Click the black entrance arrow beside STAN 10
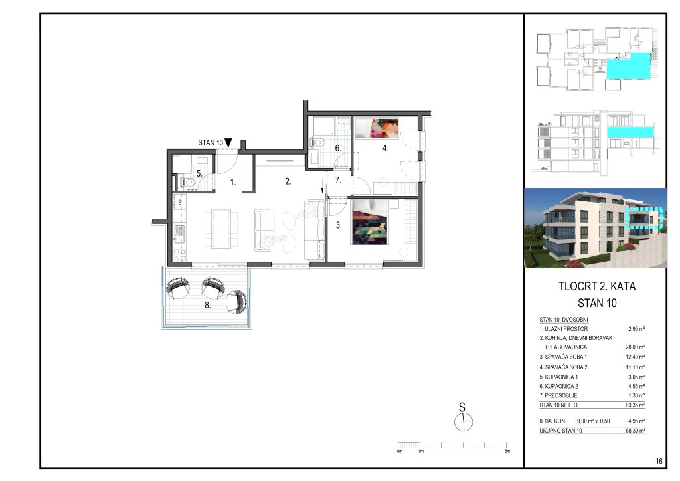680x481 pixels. click(x=228, y=143)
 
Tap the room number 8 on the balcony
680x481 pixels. click(x=208, y=306)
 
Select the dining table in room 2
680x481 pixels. click(x=221, y=229)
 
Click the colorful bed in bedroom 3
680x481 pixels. click(x=369, y=222)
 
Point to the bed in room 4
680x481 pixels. click(x=377, y=128)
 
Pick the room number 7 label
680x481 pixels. click(x=338, y=181)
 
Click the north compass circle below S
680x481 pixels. click(x=464, y=422)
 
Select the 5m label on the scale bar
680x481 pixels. click(x=507, y=452)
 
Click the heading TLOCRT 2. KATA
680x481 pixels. click(x=597, y=286)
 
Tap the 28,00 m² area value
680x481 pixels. click(x=636, y=347)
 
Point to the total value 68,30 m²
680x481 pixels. click(x=636, y=431)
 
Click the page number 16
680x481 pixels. click(x=659, y=461)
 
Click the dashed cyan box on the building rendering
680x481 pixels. click(x=645, y=218)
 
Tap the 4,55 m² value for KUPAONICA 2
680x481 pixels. click(x=636, y=387)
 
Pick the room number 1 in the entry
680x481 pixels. click(x=233, y=183)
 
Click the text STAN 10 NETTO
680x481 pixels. click(x=558, y=405)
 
